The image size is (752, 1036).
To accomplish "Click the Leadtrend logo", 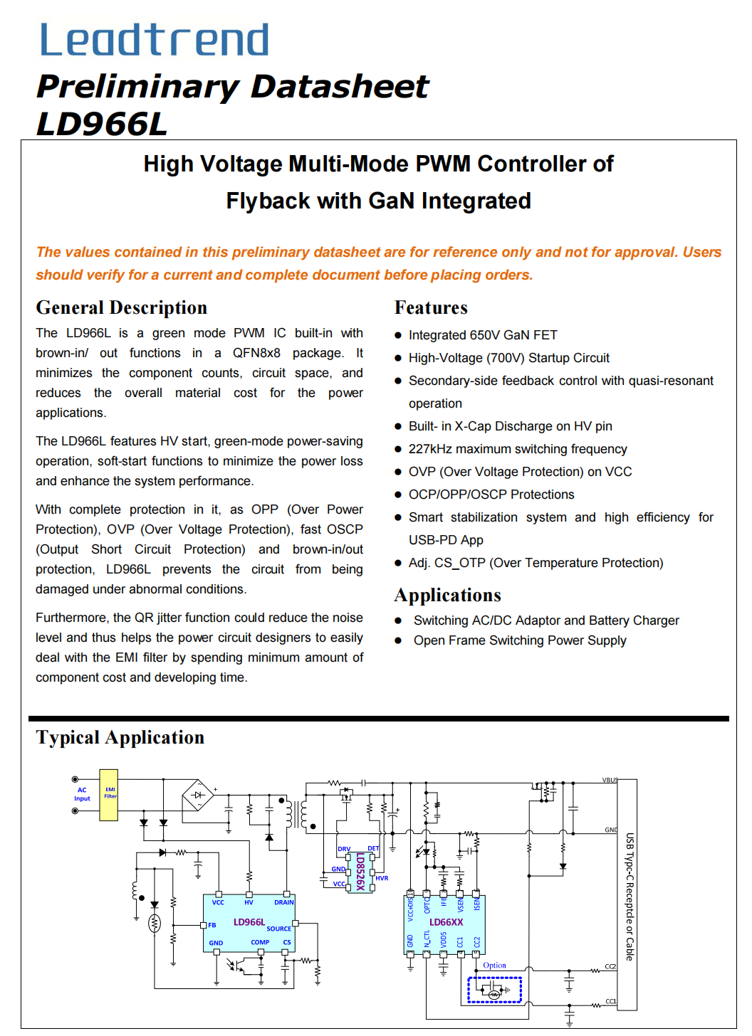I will click(155, 40).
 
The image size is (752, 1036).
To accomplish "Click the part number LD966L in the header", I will click(102, 125).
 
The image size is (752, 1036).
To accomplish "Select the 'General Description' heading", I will click(122, 307).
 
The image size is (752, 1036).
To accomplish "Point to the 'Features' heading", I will click(431, 307).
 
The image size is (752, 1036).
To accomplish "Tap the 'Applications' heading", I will click(447, 595).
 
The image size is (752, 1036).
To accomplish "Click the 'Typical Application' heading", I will click(120, 737).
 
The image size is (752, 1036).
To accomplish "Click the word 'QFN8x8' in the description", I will click(256, 353).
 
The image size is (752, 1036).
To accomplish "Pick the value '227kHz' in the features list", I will click(430, 449).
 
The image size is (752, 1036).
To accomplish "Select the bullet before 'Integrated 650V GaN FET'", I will click(399, 336).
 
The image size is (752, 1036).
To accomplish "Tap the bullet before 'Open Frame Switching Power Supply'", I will click(399, 641).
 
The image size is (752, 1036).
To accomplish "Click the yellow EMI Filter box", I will click(109, 794).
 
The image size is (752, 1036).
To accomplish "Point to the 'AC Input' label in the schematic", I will click(82, 794).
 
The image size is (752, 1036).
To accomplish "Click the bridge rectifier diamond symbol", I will click(198, 795).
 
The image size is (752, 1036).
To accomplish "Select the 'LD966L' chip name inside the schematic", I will click(249, 922).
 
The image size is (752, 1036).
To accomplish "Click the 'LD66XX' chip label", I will click(446, 922).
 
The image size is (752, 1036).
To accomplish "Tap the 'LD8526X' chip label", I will click(360, 872).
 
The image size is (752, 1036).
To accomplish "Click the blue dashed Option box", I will click(494, 990).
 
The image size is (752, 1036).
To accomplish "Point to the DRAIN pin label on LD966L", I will click(283, 902).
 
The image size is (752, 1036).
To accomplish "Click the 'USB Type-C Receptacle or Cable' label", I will click(630, 897).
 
